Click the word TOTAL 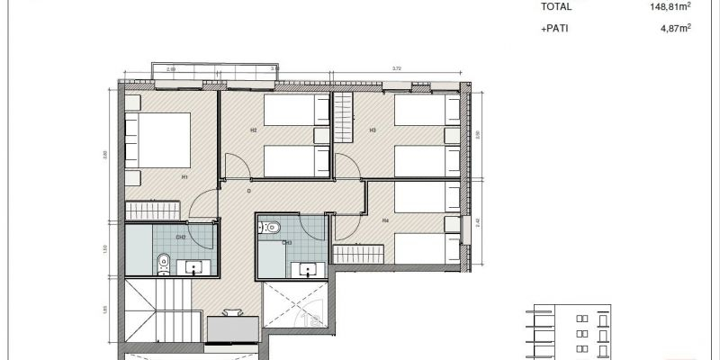[557, 7]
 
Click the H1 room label [184, 176]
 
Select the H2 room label [254, 130]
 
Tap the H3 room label [372, 130]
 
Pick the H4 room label [384, 220]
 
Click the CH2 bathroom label [181, 238]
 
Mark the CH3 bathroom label [286, 242]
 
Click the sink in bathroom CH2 [194, 266]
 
